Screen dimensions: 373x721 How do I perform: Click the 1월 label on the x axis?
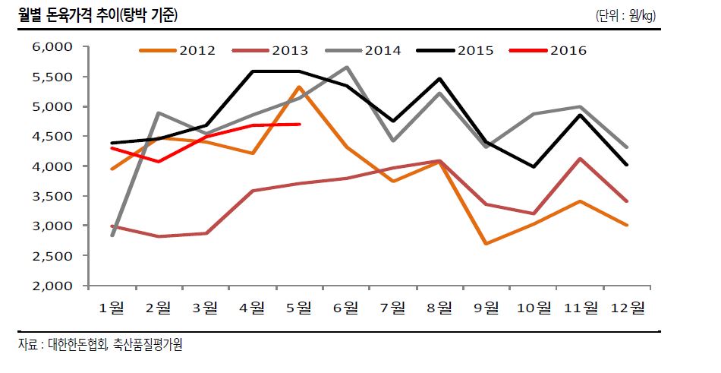[x=112, y=307]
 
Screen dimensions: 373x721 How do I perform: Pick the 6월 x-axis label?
[x=346, y=307]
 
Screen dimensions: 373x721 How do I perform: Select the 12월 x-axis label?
[x=627, y=307]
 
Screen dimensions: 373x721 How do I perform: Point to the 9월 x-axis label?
[x=486, y=307]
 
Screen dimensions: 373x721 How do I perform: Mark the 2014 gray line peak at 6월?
[x=347, y=67]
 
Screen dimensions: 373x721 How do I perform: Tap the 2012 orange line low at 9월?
[x=486, y=244]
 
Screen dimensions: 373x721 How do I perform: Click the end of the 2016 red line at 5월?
[x=301, y=124]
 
